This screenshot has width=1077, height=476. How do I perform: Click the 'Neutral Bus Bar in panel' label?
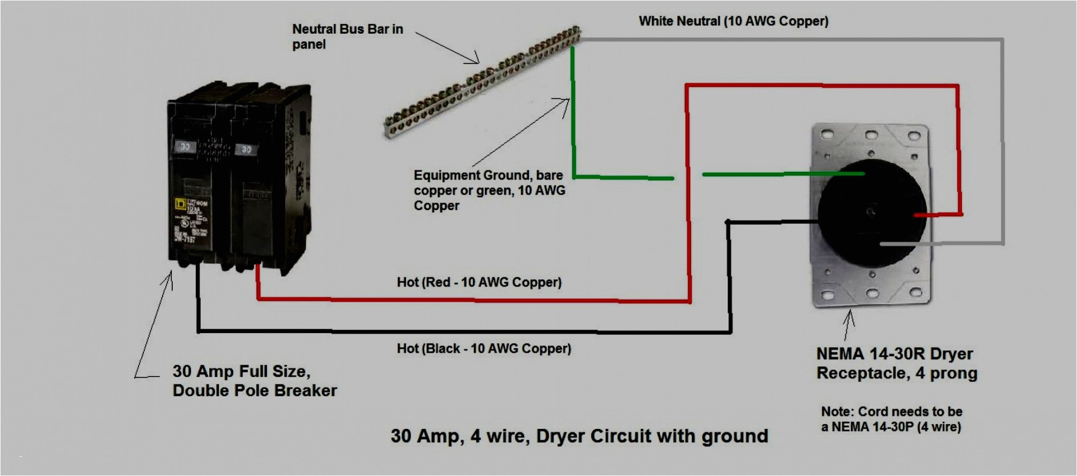(347, 36)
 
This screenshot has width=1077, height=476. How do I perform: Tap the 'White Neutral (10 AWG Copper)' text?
(733, 21)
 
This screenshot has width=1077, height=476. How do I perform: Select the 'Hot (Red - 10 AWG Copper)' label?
(479, 282)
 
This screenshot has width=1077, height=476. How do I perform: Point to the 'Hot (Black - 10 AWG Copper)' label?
(484, 349)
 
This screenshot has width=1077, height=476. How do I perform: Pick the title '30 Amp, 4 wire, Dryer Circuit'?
(579, 436)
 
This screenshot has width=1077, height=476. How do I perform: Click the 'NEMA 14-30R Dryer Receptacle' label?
(896, 363)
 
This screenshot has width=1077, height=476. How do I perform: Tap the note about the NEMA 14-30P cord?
(891, 419)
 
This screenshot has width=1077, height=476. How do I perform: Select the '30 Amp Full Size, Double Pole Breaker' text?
(254, 381)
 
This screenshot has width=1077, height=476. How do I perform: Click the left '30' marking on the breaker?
(185, 147)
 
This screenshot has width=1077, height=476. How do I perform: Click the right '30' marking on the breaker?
(246, 149)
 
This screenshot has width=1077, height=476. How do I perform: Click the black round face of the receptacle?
(872, 214)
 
